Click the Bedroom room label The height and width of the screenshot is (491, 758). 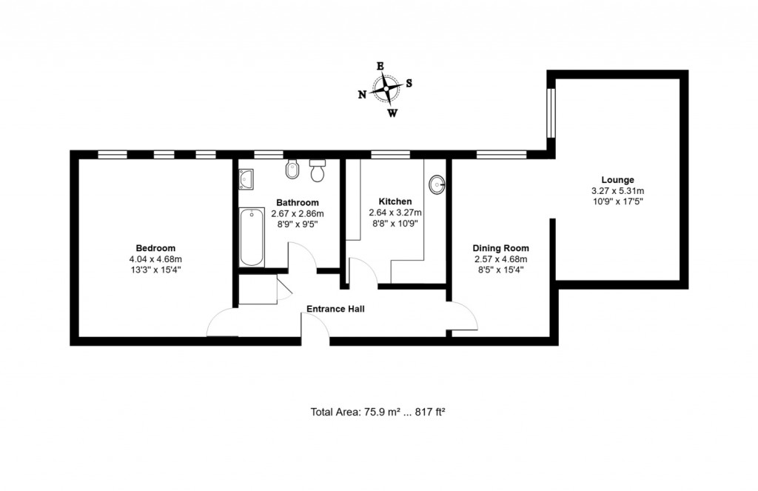(155, 247)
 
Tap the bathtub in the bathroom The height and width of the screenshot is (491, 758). (252, 237)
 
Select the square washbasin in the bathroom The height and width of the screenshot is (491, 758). (246, 178)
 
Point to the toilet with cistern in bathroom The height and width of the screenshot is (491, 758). (318, 171)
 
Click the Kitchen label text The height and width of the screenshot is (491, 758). (395, 201)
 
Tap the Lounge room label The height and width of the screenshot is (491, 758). (617, 179)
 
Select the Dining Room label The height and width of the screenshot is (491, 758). (501, 248)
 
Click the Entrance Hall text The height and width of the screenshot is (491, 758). (336, 309)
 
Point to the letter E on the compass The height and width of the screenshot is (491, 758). (380, 66)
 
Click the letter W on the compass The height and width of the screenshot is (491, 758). (392, 113)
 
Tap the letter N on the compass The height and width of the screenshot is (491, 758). (362, 94)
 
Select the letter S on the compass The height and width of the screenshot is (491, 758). (409, 83)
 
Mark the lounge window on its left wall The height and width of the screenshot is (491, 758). (551, 113)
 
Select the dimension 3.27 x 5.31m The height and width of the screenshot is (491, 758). (617, 190)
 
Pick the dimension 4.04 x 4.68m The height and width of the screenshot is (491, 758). (155, 258)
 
